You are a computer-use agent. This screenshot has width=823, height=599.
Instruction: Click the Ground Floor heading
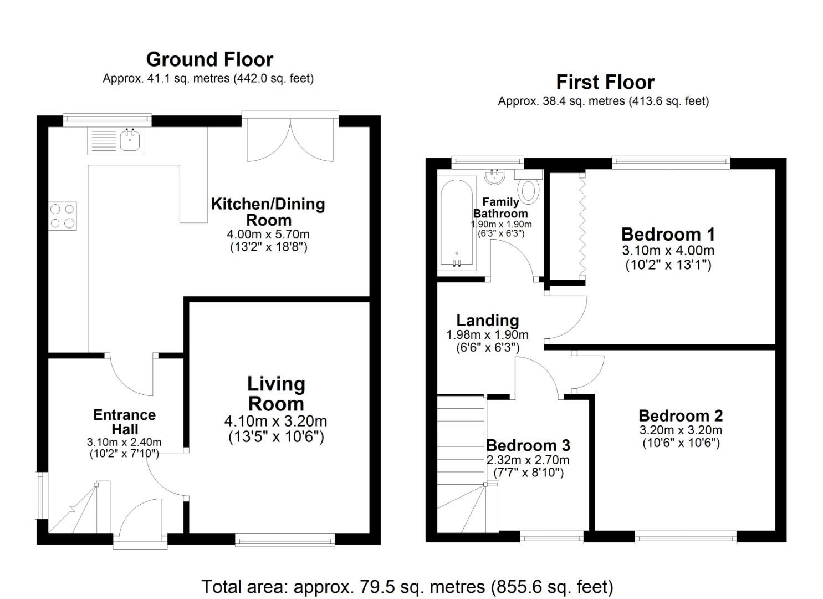point(209,59)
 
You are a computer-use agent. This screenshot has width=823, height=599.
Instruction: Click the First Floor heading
point(605,82)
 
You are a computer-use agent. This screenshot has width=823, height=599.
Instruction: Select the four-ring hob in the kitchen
point(62,216)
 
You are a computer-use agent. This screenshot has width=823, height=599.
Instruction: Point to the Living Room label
point(276,393)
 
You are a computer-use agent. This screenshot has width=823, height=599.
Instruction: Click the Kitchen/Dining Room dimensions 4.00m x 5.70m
point(268,234)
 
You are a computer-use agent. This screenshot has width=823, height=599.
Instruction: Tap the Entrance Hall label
point(124,422)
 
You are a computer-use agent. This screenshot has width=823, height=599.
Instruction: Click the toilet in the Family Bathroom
point(530,190)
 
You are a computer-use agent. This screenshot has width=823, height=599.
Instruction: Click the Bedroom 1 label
point(668,234)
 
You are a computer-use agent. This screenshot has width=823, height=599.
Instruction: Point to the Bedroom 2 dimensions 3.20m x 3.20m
point(681,430)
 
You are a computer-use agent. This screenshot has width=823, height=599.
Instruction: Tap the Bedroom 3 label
point(528,445)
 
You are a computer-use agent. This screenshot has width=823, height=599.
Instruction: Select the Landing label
point(488,320)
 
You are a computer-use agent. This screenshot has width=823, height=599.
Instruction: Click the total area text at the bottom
point(407,586)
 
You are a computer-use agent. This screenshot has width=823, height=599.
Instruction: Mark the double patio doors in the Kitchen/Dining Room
point(290,139)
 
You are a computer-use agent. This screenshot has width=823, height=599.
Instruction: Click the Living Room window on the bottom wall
point(285,539)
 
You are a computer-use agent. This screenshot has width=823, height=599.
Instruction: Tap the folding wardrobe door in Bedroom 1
point(582,225)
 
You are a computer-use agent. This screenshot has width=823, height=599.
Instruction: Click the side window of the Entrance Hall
point(40,495)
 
